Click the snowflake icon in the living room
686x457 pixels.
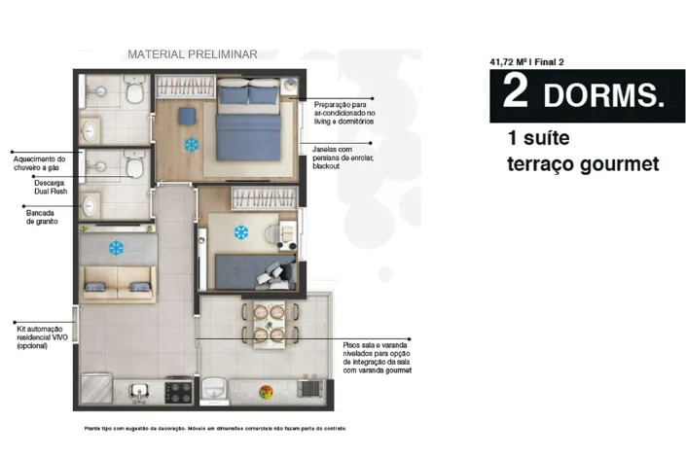[x=117, y=248]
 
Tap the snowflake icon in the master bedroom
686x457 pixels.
[x=191, y=145]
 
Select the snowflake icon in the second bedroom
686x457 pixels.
[x=241, y=232]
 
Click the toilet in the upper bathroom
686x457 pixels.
[x=134, y=89]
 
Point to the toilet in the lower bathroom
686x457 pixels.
[x=134, y=164]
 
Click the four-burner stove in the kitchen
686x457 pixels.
[x=178, y=392]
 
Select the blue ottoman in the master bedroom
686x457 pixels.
[x=187, y=117]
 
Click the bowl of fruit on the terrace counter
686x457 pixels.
[x=266, y=392]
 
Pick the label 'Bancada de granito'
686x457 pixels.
[x=42, y=218]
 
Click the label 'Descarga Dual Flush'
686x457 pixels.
[x=51, y=187]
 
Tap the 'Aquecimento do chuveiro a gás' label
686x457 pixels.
[x=39, y=163]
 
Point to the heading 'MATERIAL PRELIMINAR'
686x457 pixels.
[x=193, y=54]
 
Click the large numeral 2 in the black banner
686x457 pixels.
[x=516, y=90]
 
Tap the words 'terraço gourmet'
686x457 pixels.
[x=583, y=164]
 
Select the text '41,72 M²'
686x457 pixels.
[x=508, y=62]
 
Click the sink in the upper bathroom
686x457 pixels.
[x=90, y=130]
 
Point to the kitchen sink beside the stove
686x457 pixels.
[x=139, y=391]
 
